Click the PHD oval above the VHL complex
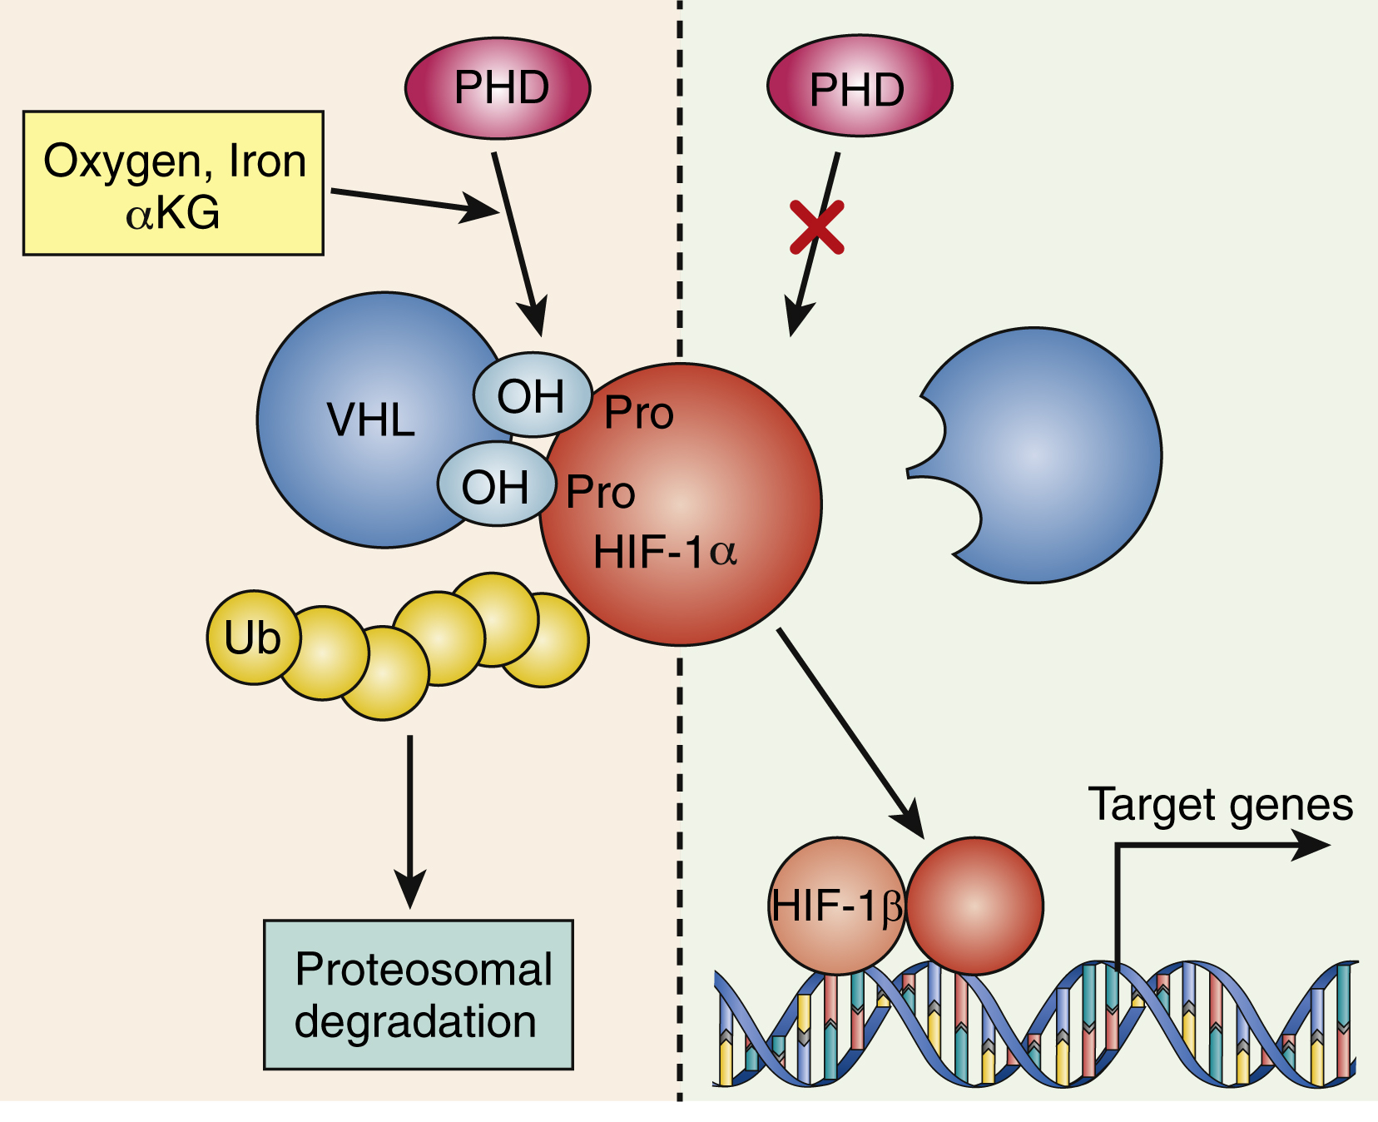click(498, 87)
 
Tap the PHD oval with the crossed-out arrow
click(859, 87)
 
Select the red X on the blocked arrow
click(817, 226)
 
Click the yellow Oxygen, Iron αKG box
click(173, 183)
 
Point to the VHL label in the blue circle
click(370, 420)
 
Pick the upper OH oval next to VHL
click(532, 395)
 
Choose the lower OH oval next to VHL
click(497, 487)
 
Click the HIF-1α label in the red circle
click(665, 552)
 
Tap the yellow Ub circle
click(252, 638)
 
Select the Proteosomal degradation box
click(418, 995)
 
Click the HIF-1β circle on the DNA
click(835, 906)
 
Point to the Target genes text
click(1220, 805)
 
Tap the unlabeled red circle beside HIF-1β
click(974, 906)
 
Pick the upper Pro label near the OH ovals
click(638, 413)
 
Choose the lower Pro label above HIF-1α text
click(600, 492)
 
